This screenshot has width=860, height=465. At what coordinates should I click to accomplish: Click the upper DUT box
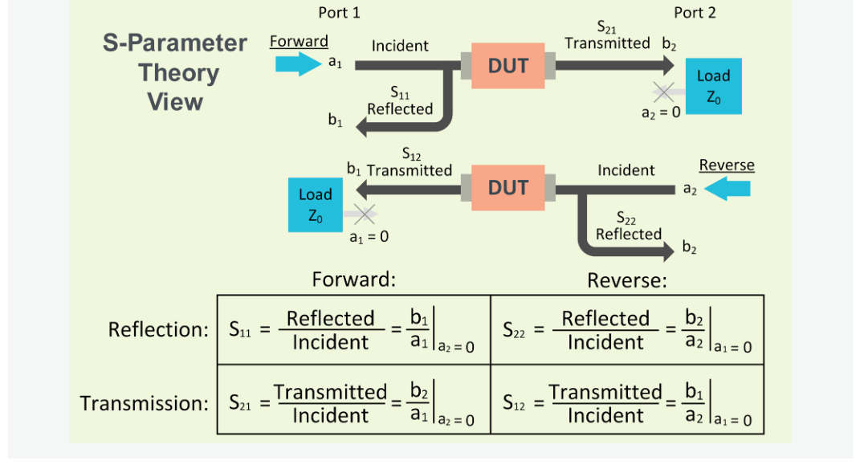507,66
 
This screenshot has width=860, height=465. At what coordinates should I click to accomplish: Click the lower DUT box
507,188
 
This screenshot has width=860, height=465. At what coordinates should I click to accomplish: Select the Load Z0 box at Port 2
713,86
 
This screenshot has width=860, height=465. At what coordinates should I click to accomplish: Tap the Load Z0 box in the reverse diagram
316,206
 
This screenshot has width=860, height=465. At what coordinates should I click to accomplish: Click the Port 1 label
339,12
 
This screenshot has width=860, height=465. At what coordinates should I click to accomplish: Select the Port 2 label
695,12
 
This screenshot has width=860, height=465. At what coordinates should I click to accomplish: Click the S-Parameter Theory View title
175,72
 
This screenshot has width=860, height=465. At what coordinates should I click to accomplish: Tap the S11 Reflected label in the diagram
400,102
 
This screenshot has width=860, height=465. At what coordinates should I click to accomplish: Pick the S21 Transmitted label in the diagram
608,37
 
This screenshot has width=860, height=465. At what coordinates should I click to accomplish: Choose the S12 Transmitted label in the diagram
410,163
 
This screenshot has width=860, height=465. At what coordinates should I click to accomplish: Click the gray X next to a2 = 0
664,91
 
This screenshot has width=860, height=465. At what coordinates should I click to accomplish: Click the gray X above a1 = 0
365,214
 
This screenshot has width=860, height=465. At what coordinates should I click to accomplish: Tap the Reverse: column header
627,280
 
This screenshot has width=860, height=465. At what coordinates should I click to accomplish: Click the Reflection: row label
158,329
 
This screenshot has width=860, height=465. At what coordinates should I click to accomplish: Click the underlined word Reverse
727,165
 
